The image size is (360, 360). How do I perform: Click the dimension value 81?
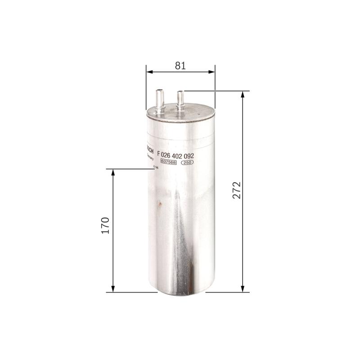(180, 66)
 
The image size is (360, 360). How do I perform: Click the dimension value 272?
(237, 190)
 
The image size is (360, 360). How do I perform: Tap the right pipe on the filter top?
(181, 100)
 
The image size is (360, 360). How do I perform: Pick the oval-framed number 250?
(187, 162)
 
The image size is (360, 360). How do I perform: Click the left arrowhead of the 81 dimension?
(149, 71)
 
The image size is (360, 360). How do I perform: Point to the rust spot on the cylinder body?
(158, 206)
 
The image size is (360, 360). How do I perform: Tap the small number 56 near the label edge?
(156, 167)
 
